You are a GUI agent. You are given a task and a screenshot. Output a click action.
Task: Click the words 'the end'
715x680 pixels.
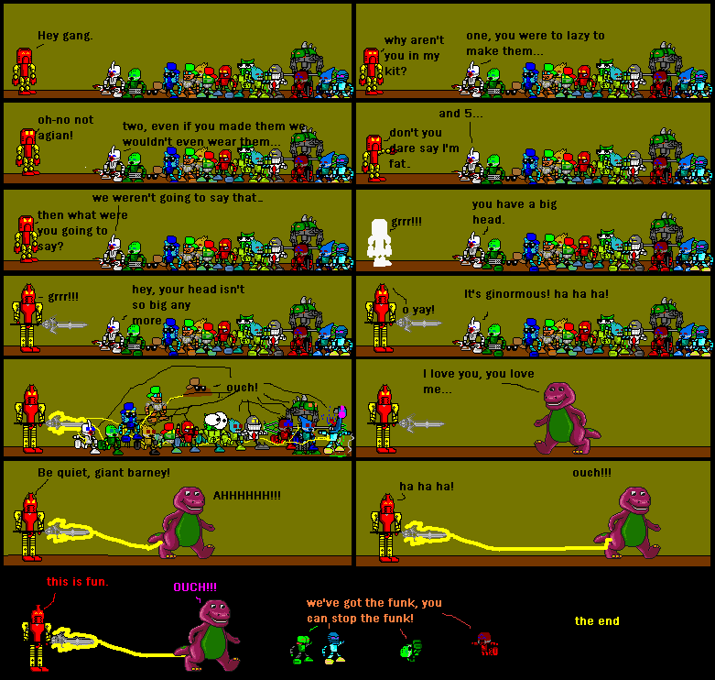pos(597,621)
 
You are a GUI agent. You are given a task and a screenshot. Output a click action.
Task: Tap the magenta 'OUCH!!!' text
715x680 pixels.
pos(195,587)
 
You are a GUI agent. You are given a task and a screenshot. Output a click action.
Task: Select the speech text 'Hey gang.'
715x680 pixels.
pos(65,36)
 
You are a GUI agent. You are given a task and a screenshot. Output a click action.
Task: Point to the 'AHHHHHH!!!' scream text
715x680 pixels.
pos(247,495)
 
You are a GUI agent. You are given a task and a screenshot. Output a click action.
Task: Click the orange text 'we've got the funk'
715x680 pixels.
pos(374,610)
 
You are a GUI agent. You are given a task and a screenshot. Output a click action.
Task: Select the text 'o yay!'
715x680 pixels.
pos(419,309)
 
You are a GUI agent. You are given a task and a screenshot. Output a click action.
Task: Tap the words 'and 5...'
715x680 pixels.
pos(462,114)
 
